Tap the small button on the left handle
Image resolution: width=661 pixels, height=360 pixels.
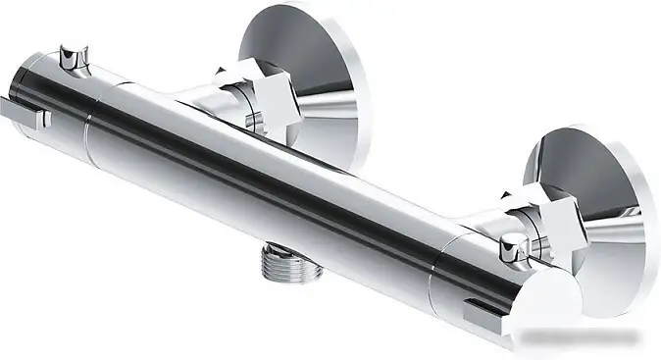pyautogui.click(x=71, y=56)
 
